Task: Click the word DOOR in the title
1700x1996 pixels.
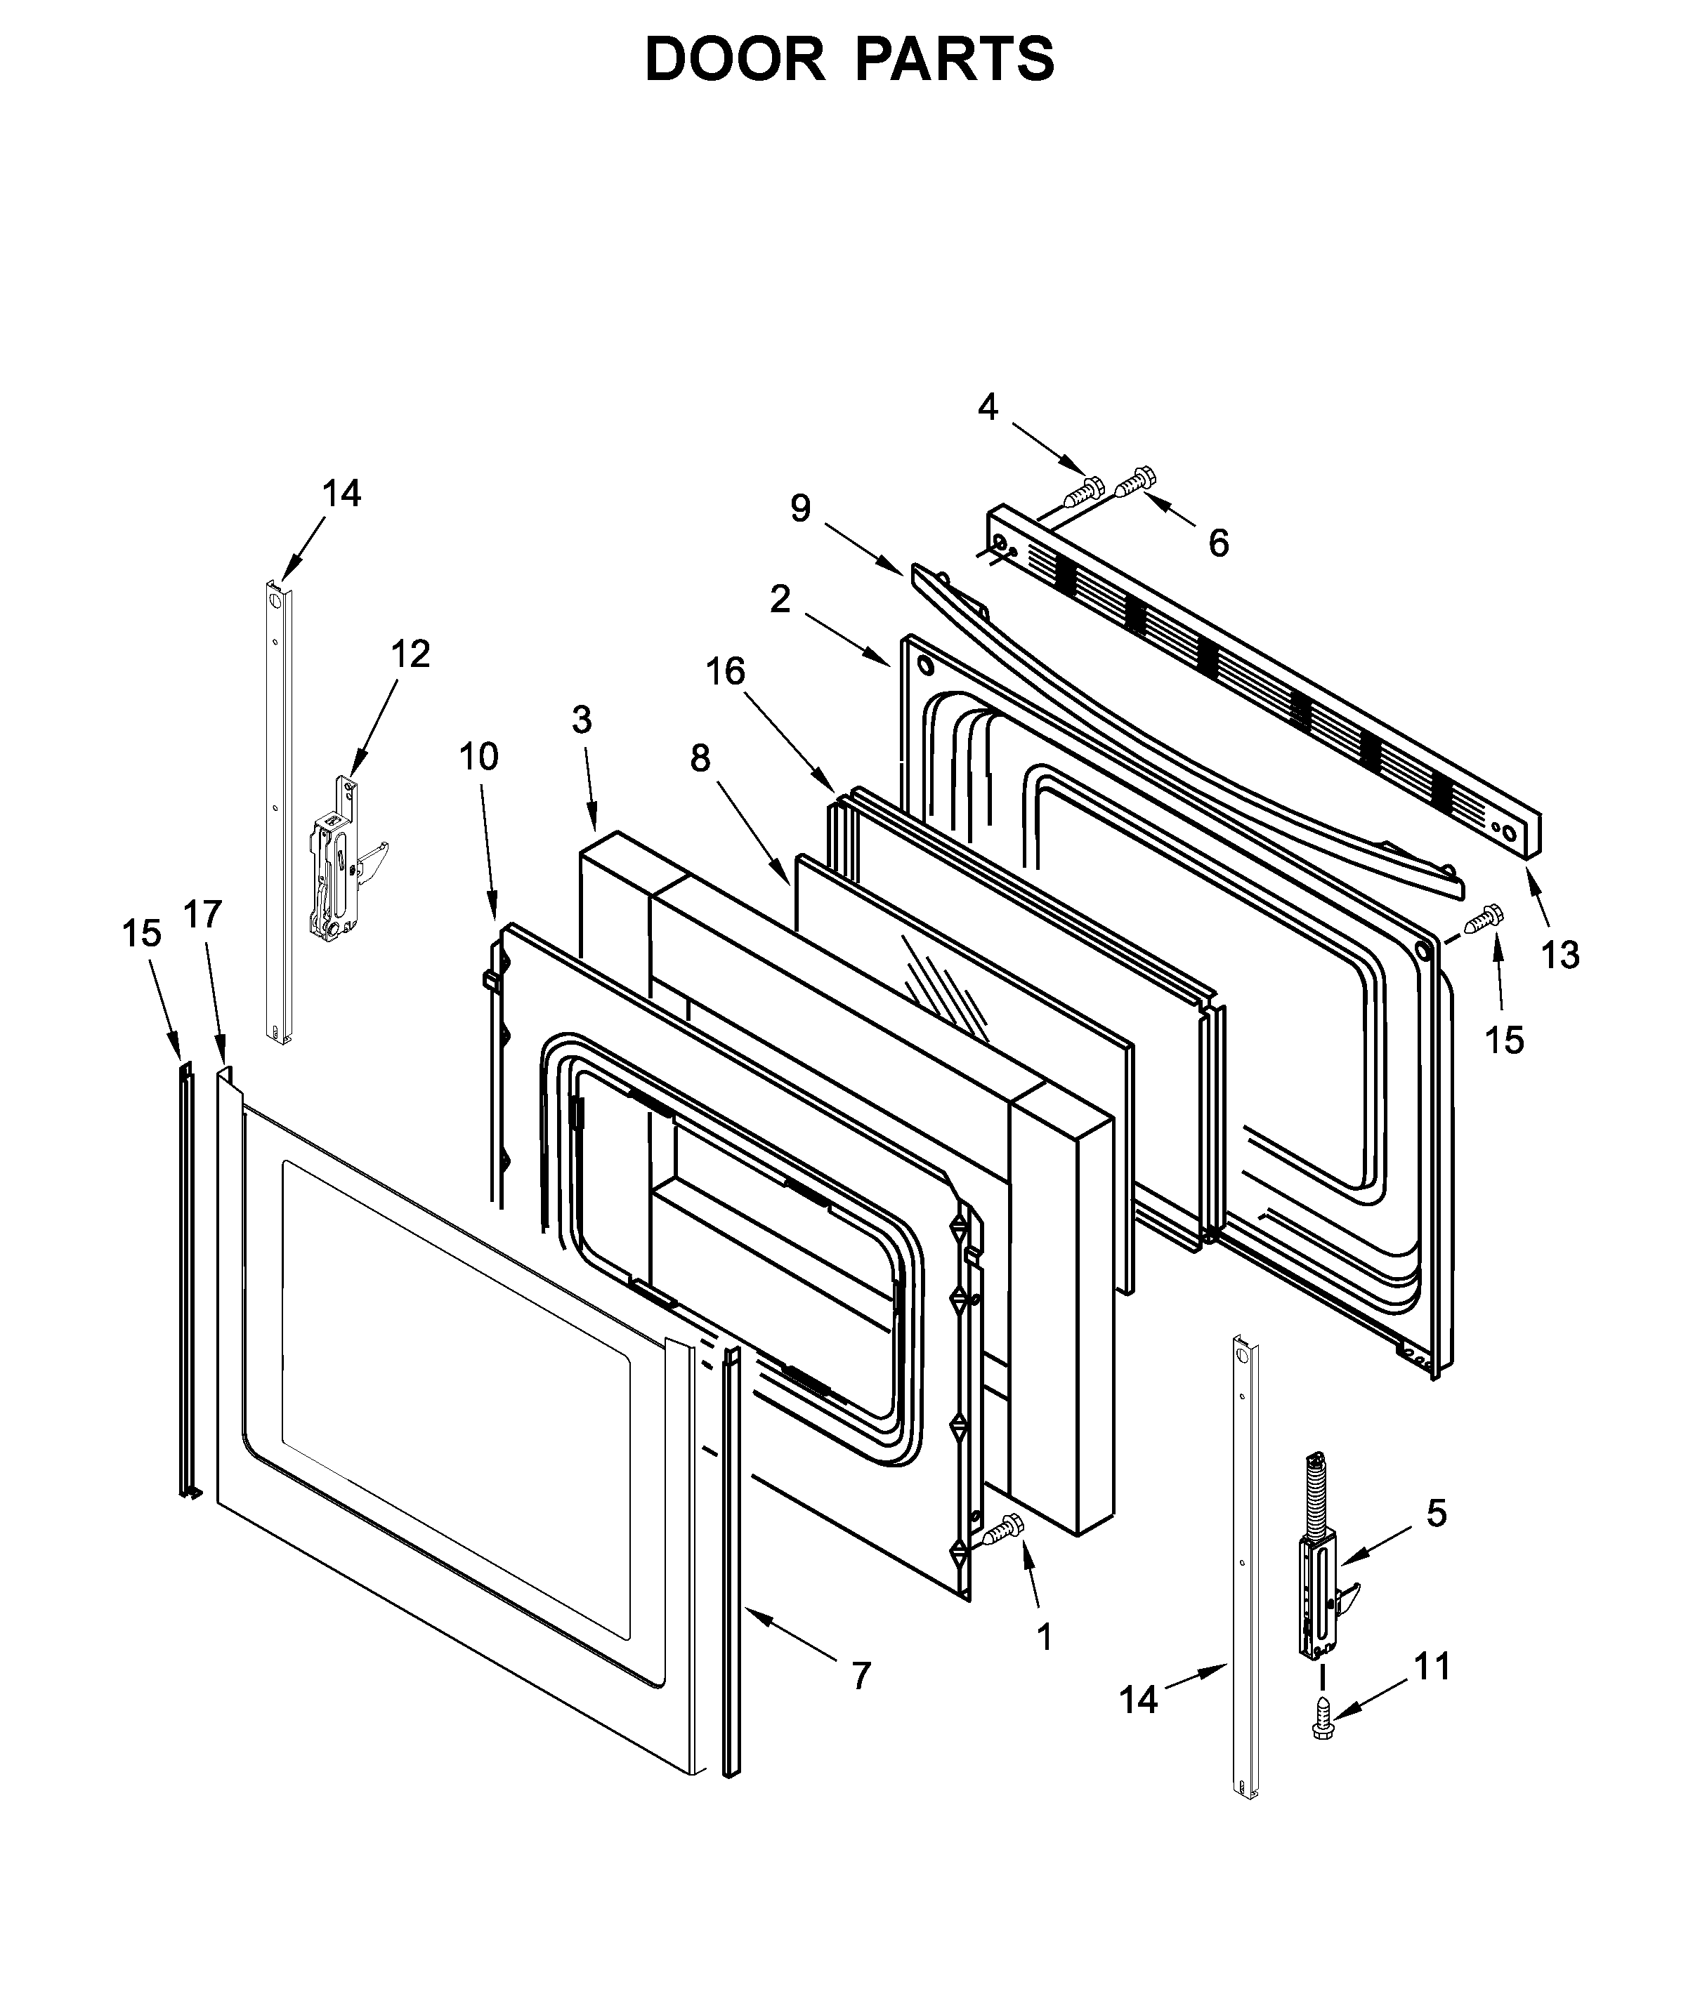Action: (734, 60)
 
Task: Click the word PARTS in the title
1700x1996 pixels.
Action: (954, 60)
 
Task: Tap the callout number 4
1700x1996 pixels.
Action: (988, 407)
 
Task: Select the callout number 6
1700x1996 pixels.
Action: (1218, 544)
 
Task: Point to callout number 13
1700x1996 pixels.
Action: (1560, 955)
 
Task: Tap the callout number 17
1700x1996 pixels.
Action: (203, 913)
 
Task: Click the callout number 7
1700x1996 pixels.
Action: (861, 1676)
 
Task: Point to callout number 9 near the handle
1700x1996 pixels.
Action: (800, 508)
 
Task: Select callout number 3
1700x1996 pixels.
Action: (581, 719)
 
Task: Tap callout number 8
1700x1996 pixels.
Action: (700, 759)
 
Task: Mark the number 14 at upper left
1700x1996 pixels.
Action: (341, 494)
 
